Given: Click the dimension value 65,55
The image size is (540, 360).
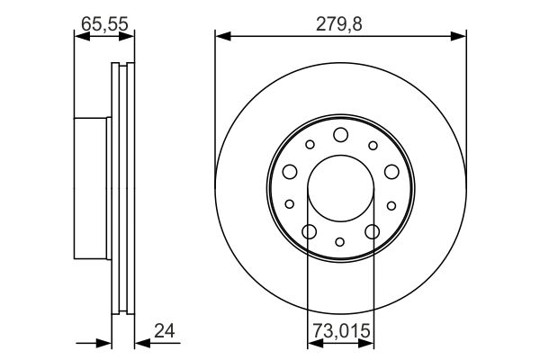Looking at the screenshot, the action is (104, 24).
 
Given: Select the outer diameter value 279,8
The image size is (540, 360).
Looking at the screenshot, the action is (339, 24).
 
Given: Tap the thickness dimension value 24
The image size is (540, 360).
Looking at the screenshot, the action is (165, 330).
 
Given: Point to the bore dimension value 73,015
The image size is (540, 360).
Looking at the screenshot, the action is (341, 330).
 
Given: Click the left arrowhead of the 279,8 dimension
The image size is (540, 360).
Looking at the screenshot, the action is (223, 36).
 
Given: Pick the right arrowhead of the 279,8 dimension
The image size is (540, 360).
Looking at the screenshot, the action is (458, 36).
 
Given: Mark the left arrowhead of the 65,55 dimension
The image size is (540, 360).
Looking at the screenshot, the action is (82, 36).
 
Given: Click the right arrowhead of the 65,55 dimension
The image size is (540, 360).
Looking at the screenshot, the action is (126, 36).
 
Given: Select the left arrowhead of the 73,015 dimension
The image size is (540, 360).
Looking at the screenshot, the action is (316, 343).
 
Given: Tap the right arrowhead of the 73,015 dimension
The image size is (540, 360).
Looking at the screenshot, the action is (366, 343).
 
